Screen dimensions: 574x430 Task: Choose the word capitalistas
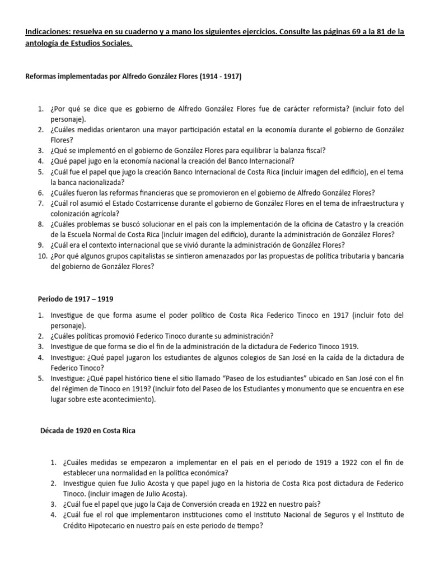[130, 256]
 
